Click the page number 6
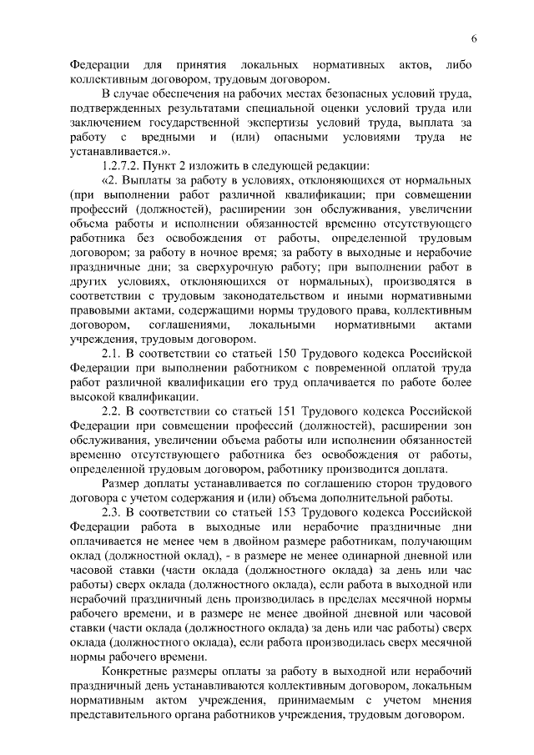pyautogui.click(x=472, y=39)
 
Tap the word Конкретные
pyautogui.click(x=133, y=672)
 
